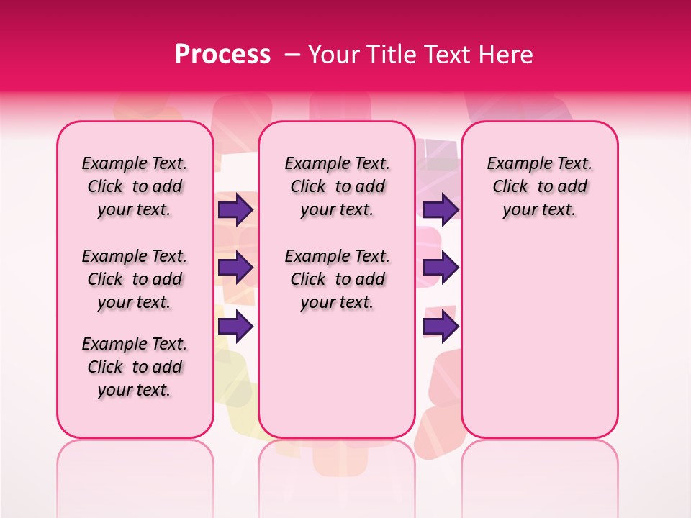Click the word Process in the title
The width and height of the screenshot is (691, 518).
222,55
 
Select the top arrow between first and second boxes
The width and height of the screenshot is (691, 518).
235,209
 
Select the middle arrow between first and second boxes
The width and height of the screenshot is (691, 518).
235,268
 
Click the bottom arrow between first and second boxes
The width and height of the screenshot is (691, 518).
235,327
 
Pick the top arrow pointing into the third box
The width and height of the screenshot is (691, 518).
441,209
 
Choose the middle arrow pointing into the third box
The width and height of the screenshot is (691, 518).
441,268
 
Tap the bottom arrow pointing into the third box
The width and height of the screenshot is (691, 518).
441,327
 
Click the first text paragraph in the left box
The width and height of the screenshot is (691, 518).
135,186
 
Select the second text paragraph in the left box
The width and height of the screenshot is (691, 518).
135,279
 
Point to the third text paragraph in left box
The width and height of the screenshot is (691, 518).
135,367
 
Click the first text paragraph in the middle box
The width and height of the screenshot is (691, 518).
338,186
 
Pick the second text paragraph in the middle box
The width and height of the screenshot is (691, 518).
338,279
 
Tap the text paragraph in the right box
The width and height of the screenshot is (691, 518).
540,186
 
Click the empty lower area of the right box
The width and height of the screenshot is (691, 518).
540,338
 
